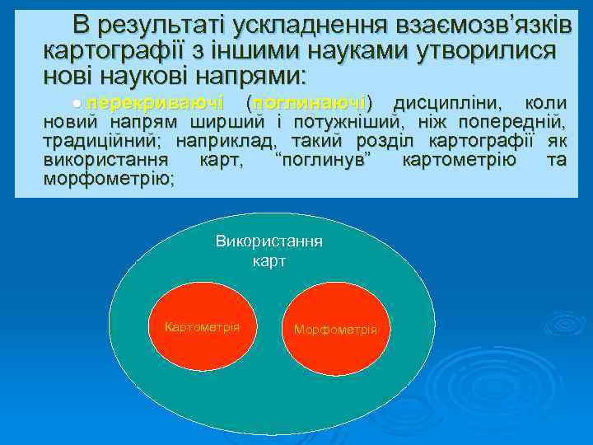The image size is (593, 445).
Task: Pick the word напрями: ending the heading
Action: click(246, 77)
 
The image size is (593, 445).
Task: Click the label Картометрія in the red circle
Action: click(202, 327)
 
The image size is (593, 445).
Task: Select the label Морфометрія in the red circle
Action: click(335, 330)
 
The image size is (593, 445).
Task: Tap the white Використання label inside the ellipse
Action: click(268, 242)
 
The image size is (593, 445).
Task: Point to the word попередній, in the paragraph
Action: click(516, 123)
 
